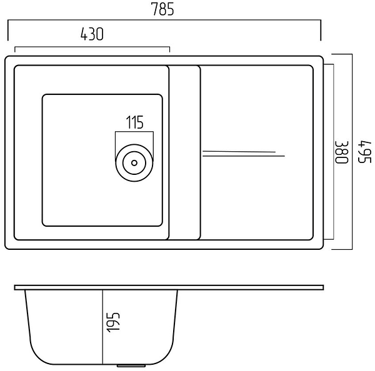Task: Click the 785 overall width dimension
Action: (163, 9)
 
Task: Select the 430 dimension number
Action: (92, 34)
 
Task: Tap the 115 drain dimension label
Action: (134, 122)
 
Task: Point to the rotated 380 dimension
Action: (342, 152)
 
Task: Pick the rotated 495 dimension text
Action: (364, 152)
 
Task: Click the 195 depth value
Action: (113, 322)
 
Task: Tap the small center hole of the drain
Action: (134, 163)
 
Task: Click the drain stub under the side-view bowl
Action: (131, 365)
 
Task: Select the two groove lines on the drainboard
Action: (244, 154)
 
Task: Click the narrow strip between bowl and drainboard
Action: (184, 152)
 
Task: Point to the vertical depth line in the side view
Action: (102, 327)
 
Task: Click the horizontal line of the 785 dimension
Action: (164, 21)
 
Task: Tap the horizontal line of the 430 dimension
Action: (92, 47)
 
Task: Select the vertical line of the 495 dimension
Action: (352, 152)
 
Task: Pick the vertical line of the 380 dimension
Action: (333, 152)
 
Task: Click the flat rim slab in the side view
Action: (169, 287)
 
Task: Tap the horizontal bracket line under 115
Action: (134, 132)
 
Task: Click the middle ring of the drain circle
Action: (134, 163)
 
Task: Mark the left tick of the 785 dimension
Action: (8, 31)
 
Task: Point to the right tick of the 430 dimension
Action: (169, 49)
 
